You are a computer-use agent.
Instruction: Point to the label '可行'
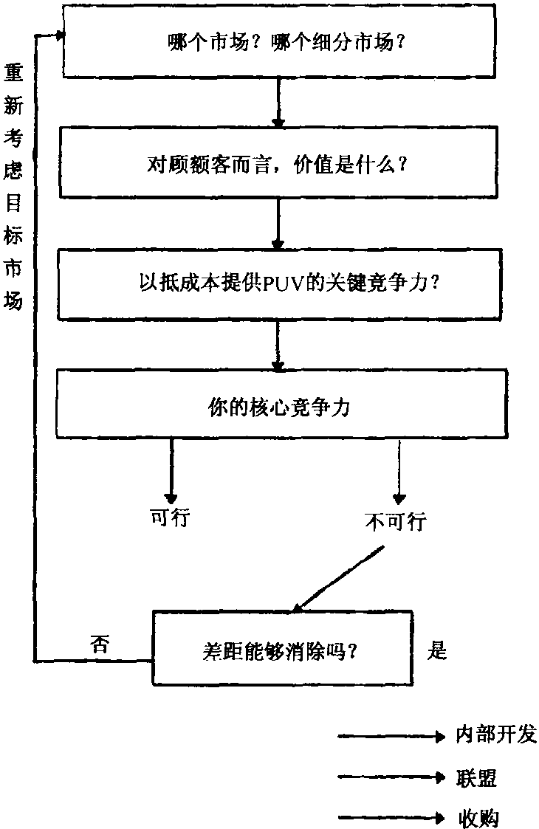pyautogui.click(x=170, y=518)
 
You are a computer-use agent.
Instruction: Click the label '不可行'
pyautogui.click(x=396, y=523)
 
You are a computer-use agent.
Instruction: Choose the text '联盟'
pyautogui.click(x=476, y=777)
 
